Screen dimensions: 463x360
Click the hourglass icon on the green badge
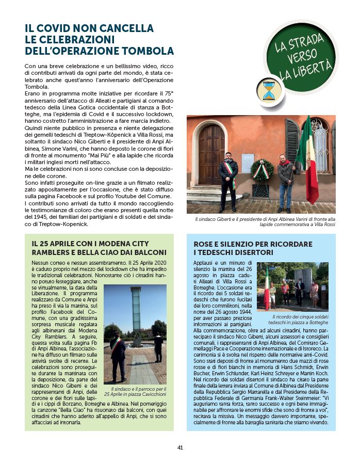click(x=268, y=90)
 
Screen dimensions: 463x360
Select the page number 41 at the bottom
click(x=180, y=447)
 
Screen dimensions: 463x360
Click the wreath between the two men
click(x=262, y=170)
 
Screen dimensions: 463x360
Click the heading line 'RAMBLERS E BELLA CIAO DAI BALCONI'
click(x=99, y=252)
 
